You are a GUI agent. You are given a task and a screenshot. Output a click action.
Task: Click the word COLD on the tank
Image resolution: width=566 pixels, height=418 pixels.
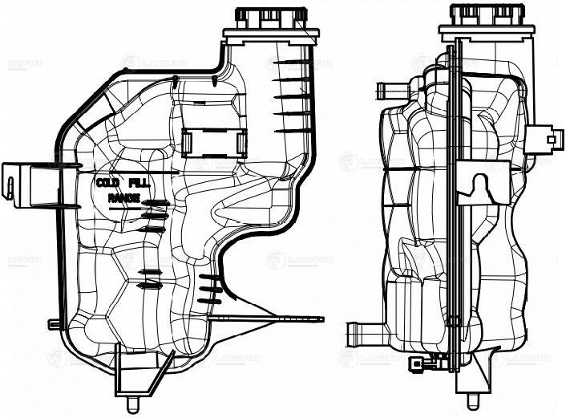click(107, 183)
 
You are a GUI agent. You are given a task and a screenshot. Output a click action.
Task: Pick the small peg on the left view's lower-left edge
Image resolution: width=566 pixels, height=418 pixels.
click(54, 324)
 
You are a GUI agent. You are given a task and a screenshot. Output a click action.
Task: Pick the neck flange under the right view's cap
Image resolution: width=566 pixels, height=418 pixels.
click(479, 32)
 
